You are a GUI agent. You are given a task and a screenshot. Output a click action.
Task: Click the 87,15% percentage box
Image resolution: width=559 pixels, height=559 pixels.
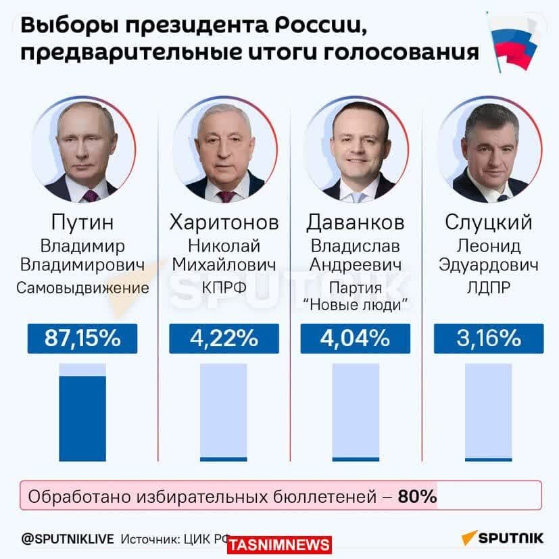pos(82,338)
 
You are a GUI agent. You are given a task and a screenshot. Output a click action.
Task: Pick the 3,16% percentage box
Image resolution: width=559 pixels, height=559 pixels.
pos(488,338)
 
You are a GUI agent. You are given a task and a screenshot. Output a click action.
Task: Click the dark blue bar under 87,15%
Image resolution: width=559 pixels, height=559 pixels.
pos(82,418)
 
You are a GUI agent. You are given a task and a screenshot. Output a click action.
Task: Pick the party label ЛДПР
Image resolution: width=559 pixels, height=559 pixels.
pos(489,288)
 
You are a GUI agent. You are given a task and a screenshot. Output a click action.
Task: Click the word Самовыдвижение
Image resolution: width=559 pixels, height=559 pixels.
pos(82,288)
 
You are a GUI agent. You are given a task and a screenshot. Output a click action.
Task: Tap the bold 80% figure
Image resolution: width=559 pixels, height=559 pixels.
pos(417,497)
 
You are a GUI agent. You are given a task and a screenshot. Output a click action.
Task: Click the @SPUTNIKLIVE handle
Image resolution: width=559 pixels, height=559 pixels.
pos(68,539)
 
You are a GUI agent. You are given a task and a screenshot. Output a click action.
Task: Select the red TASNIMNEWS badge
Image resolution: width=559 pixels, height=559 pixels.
pos(279,545)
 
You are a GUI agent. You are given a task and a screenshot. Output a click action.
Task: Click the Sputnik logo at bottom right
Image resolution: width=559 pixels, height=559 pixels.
pos(503,538)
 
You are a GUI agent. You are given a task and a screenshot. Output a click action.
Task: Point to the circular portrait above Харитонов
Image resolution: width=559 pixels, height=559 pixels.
pos(224,150)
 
